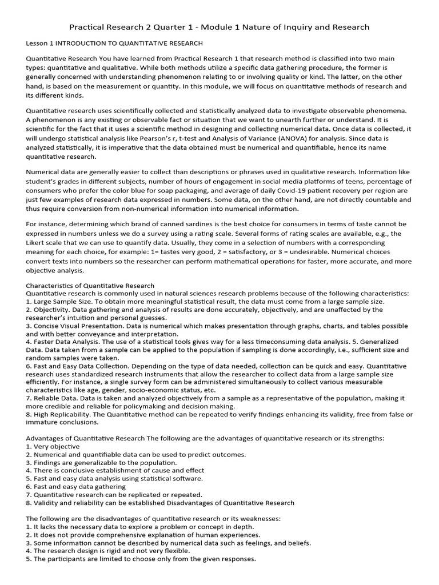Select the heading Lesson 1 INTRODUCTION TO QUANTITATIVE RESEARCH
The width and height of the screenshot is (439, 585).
[114, 43]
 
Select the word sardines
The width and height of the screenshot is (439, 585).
[179, 225]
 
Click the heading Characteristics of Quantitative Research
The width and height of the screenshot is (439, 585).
[90, 286]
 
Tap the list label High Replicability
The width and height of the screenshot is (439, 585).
[61, 414]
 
